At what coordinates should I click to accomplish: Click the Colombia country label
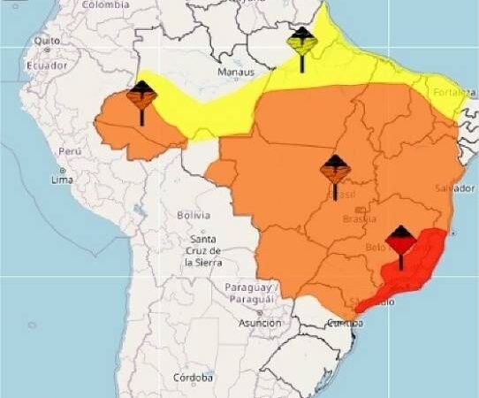pos(105,4)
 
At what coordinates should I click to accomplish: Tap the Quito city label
pos(48,41)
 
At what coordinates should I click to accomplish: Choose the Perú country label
pos(70,151)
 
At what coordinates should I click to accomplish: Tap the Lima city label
pos(61,180)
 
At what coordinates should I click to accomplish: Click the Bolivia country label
pos(193,215)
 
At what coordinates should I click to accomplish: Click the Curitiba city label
pos(345,324)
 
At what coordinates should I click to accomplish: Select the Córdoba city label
pos(193,378)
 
